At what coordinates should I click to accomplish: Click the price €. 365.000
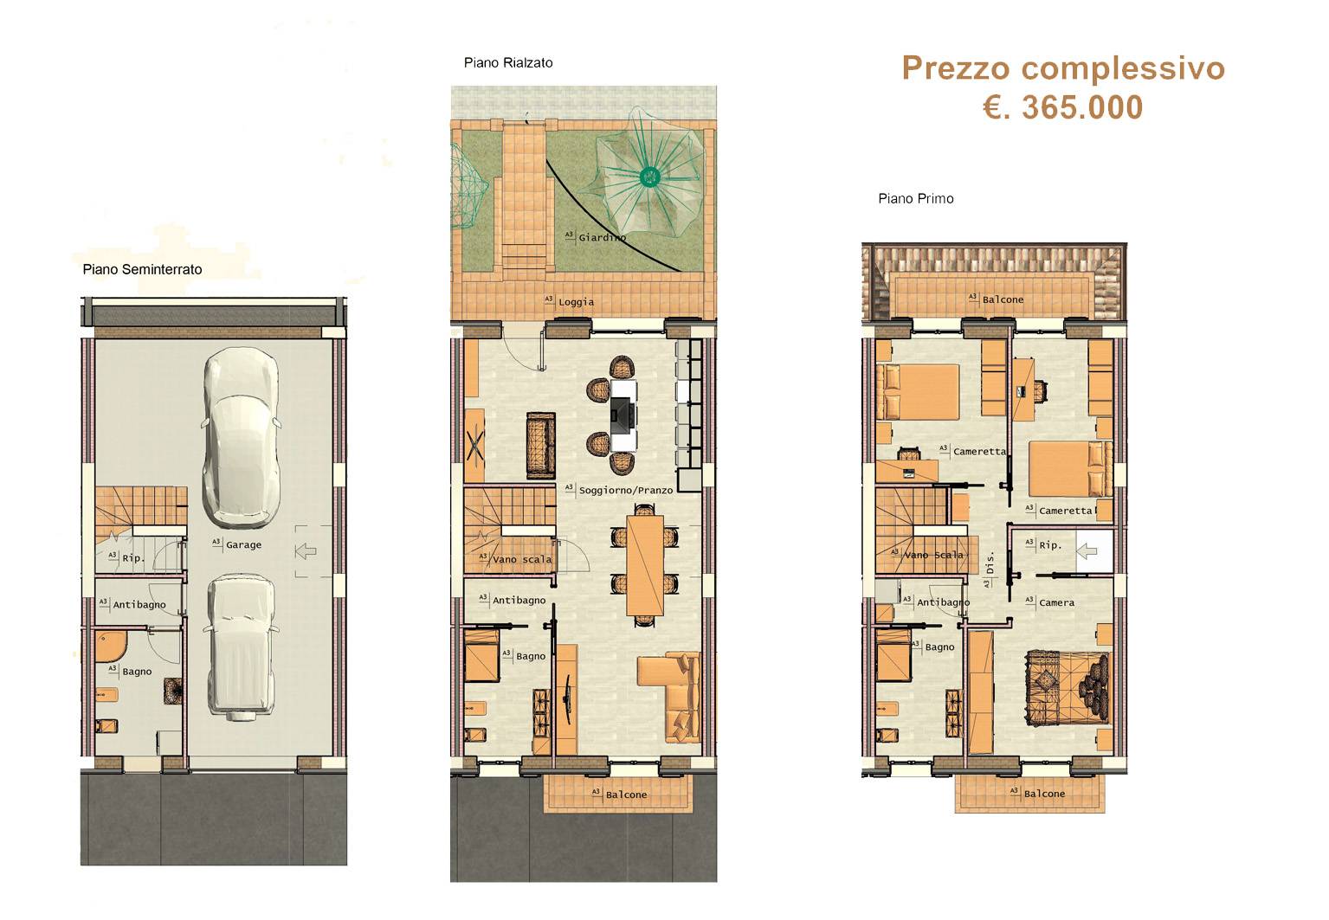[x=1062, y=108]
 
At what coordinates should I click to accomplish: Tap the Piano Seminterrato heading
[x=142, y=269]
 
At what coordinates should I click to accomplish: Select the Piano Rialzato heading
[x=508, y=63]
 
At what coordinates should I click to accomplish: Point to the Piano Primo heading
[x=915, y=199]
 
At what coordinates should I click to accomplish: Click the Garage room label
[x=243, y=544]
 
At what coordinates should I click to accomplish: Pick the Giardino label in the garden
[x=603, y=237]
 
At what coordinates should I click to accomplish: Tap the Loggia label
[x=576, y=302]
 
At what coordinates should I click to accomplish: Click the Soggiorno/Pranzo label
[x=626, y=491]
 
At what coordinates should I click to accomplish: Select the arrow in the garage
[x=306, y=551]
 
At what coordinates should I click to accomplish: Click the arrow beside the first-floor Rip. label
[x=1087, y=551]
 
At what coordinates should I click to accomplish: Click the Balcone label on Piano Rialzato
[x=626, y=795]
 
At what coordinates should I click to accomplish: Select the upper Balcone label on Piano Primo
[x=1003, y=299]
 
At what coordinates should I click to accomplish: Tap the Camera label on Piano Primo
[x=1056, y=602]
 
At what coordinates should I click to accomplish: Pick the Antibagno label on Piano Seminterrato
[x=139, y=605]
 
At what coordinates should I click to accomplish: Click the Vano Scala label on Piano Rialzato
[x=522, y=559]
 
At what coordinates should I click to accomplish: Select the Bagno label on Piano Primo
[x=939, y=647]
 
